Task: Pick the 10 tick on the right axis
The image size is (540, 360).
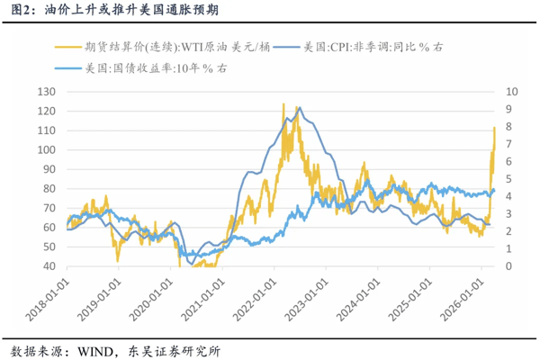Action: click(x=513, y=92)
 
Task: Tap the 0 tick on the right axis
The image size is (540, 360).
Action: click(x=509, y=266)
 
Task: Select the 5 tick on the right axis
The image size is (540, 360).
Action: click(x=509, y=179)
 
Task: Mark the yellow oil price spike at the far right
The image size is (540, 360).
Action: click(x=494, y=129)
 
